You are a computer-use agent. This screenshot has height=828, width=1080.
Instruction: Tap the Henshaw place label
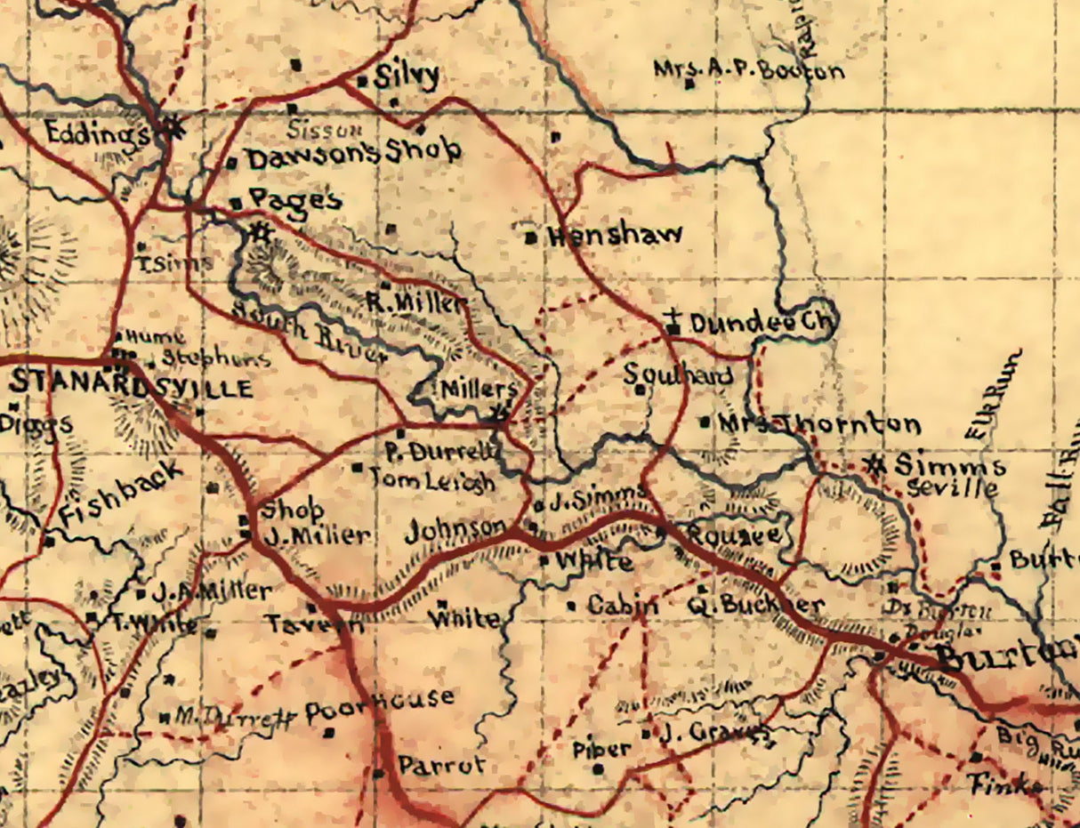coord(616,236)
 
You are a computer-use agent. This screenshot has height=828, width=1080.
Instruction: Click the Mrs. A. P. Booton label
coord(749,70)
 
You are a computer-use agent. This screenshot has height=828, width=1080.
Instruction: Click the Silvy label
coord(406,76)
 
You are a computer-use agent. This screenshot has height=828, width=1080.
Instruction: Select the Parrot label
coord(441,766)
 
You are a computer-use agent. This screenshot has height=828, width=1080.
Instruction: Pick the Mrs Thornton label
coord(818,424)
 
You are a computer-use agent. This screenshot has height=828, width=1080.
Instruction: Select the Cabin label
coord(623,606)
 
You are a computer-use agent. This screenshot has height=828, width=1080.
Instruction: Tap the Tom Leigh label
coord(432,481)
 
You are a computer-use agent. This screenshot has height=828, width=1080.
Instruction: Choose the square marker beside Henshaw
coord(530,237)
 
